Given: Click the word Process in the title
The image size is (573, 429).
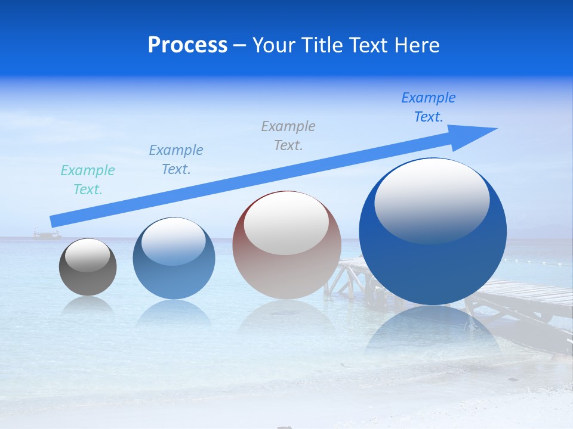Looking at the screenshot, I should click(187, 45).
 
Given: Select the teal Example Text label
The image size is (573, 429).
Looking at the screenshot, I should click(88, 180).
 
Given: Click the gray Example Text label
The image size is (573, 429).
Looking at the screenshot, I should click(288, 136).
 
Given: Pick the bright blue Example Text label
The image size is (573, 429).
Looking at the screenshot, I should click(429, 107).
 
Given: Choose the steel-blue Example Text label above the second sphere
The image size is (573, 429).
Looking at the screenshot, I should click(176, 160).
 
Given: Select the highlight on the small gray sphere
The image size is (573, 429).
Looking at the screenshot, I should click(87, 255).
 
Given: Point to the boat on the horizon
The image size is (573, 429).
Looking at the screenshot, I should click(47, 235).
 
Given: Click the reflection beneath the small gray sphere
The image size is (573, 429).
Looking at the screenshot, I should click(88, 304).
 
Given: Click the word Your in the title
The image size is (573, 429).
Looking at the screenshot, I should click(272, 45).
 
